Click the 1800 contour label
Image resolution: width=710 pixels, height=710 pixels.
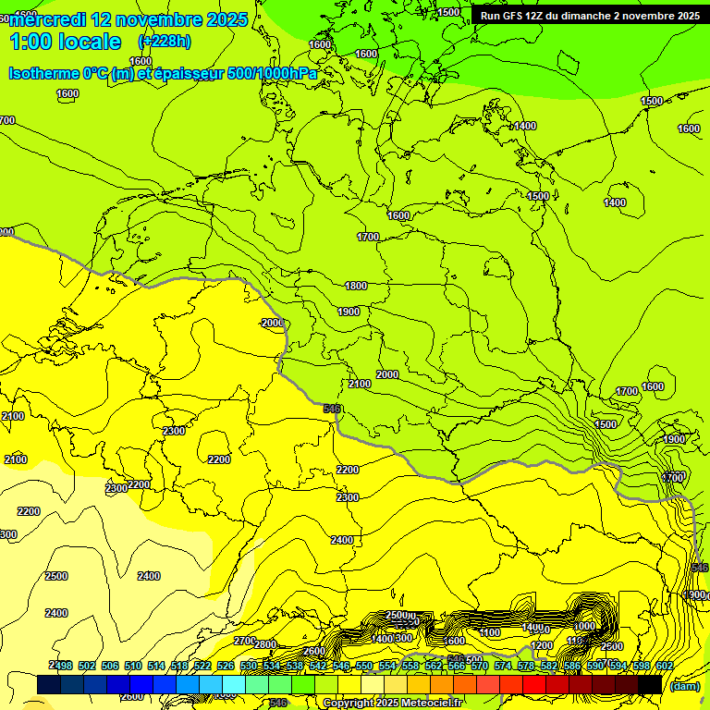coord(356,287)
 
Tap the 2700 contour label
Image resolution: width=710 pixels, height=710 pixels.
coord(244,641)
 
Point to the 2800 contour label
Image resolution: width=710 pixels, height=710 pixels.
coord(265,644)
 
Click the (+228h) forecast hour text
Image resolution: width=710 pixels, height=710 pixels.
coord(165,41)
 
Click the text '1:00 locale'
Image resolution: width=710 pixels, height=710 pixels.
coord(66,42)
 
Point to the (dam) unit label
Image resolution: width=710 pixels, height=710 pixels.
coord(683,686)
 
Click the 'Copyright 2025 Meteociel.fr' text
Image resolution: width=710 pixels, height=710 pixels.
coord(393,704)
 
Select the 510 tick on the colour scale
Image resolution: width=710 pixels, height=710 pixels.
coord(132,666)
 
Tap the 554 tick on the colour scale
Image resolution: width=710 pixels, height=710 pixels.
coord(386,666)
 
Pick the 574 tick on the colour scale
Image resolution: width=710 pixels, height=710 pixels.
coord(502,666)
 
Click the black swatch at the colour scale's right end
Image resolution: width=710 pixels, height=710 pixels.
coord(650,684)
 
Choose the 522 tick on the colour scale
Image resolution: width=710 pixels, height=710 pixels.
coord(202,666)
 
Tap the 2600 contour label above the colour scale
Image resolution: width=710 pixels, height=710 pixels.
coord(314,652)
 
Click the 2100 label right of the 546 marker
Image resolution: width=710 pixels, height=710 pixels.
coord(360,384)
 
